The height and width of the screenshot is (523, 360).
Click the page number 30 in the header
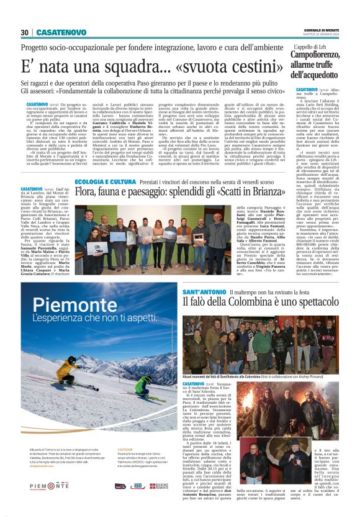click(25, 32)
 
